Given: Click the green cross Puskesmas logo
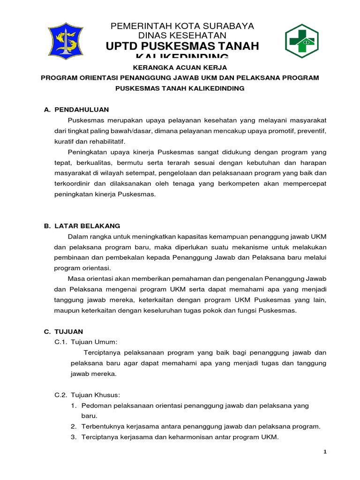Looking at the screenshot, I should pos(302,41).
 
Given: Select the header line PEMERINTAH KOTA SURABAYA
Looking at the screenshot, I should pos(182,26).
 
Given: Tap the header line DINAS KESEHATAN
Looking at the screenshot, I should pos(182,35).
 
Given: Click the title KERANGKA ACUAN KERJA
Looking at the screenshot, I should pos(180,67).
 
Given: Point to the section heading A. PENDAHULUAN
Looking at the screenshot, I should pos(76,109).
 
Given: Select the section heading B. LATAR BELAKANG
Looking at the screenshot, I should pos(82,225).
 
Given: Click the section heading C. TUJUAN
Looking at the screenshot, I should pos(64,331).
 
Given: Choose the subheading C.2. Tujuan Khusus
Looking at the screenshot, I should pos(88,395).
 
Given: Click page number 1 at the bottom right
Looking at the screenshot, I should pos(325,451).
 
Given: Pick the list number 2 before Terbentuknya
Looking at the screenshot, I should pos(74,427).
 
